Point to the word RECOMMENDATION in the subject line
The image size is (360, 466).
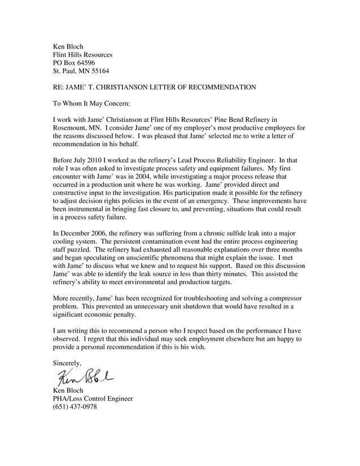[217, 87]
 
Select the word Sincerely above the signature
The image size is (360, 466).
[67, 363]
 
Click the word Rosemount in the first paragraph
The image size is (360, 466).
[71, 129]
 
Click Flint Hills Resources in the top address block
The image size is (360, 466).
[82, 55]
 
